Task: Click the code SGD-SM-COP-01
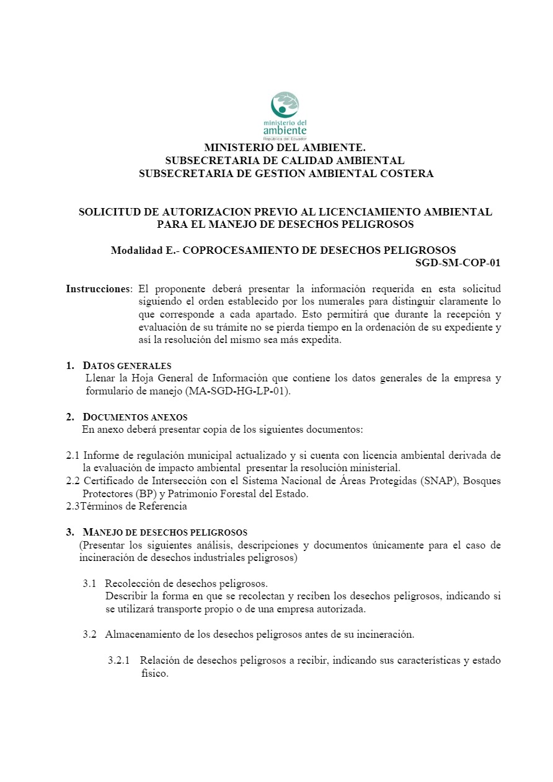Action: point(458,263)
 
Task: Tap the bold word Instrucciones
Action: point(99,289)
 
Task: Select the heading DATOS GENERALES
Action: point(127,365)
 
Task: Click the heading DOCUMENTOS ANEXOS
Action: point(135,417)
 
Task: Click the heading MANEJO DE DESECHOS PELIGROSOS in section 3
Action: point(165,532)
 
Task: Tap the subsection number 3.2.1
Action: point(118,661)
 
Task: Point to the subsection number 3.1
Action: point(90,583)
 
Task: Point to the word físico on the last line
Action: point(154,674)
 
